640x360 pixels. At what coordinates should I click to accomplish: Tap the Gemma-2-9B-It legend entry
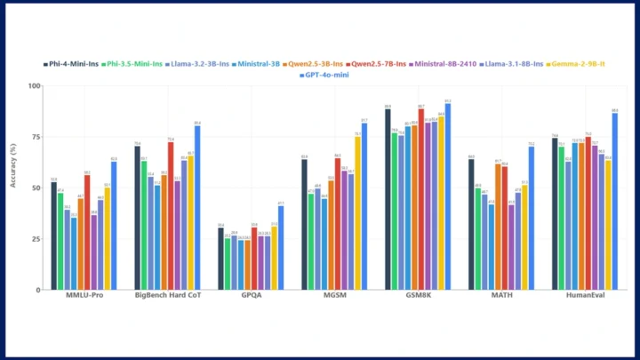pyautogui.click(x=580, y=64)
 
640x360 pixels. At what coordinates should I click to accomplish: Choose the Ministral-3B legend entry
pyautogui.click(x=255, y=64)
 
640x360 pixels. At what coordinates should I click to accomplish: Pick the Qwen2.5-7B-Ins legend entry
pyautogui.click(x=378, y=64)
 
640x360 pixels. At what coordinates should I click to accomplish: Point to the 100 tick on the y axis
pyautogui.click(x=35, y=86)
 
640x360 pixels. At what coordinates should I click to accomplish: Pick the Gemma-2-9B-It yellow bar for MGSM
pyautogui.click(x=357, y=213)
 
